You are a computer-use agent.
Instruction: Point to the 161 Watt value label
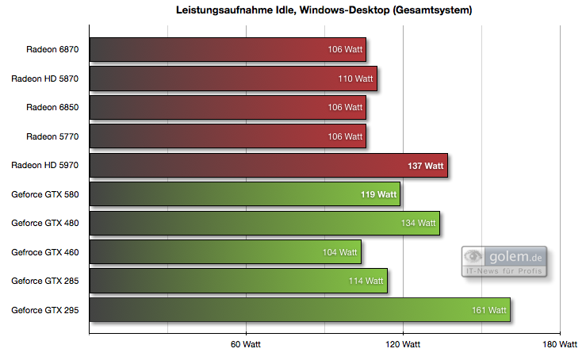click(x=488, y=310)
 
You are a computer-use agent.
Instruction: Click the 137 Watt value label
click(x=425, y=166)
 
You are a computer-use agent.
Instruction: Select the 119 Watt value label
click(x=378, y=194)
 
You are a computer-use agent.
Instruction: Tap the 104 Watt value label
click(x=339, y=252)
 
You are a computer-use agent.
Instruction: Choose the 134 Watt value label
click(x=418, y=224)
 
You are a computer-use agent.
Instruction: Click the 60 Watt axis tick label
click(x=246, y=345)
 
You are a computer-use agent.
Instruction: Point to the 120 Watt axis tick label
click(x=403, y=345)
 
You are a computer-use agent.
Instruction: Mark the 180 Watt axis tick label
click(x=560, y=345)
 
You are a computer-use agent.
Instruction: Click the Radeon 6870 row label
click(x=53, y=49)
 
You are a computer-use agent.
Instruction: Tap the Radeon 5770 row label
click(x=53, y=136)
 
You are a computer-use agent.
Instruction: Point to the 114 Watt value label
click(x=366, y=281)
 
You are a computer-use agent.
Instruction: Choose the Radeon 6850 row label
click(x=53, y=107)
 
